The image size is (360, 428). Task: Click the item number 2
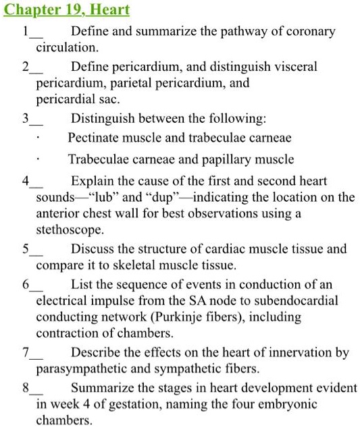pos(25,67)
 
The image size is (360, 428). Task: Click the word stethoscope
pos(70,230)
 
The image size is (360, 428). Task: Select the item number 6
pos(25,284)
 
